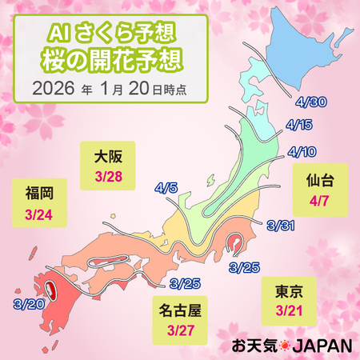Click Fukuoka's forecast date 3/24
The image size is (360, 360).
tap(39, 215)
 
